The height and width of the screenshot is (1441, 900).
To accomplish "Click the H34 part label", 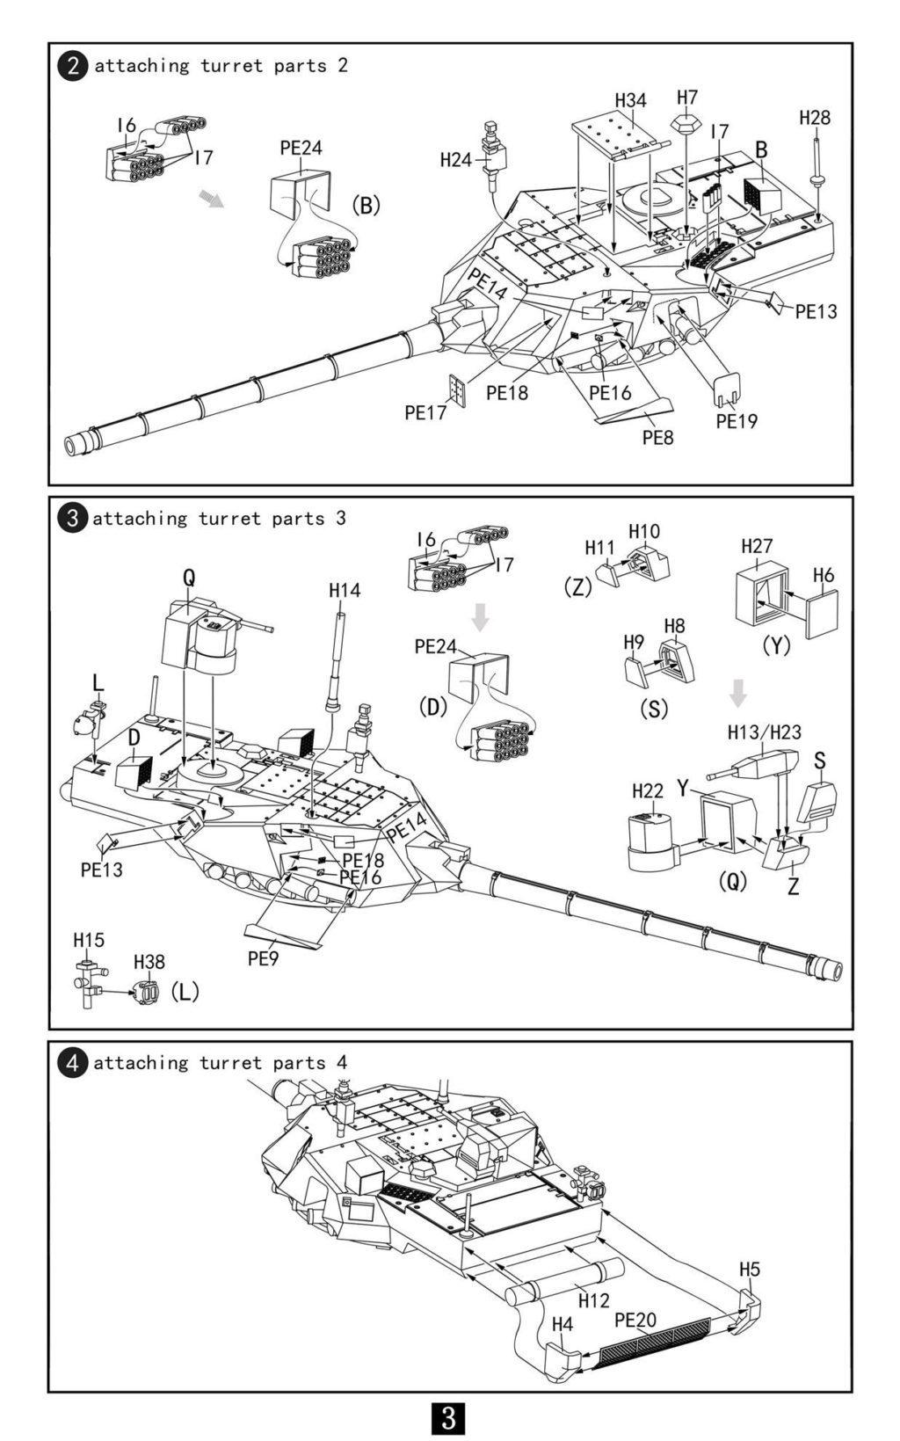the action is [x=630, y=100].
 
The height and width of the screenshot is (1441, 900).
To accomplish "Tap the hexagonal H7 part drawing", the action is [x=686, y=123].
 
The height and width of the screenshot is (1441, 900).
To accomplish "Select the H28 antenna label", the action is [x=815, y=118].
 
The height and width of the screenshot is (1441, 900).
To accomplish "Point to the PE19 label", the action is [x=737, y=421].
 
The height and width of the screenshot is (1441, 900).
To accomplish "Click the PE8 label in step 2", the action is [x=657, y=438].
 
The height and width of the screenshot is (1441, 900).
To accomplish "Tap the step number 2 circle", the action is [x=72, y=66].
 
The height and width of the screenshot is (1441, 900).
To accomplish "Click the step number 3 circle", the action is [x=72, y=519].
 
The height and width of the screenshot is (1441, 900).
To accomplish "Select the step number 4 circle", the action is [x=72, y=1063].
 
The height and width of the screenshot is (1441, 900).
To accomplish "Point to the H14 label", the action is [x=345, y=590].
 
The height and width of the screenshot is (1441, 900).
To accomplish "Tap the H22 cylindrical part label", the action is [x=647, y=791].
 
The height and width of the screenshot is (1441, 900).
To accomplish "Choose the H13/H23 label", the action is [x=765, y=732].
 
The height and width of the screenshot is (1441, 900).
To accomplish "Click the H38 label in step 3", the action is [x=149, y=962].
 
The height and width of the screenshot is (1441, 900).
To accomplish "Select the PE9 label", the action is [x=263, y=958].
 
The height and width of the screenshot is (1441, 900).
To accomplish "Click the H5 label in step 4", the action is [x=750, y=1270].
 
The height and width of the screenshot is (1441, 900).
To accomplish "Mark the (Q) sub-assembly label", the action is [x=733, y=881].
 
